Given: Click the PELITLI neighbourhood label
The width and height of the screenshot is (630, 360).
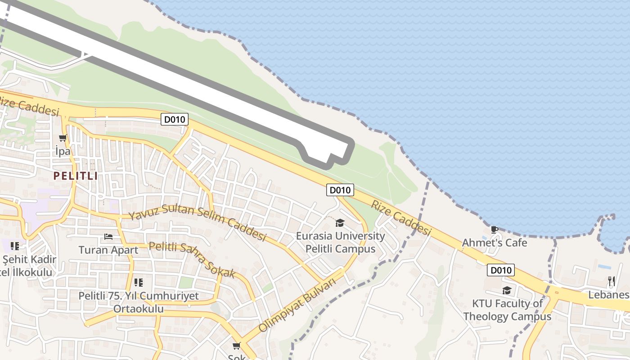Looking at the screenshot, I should pos(75,175).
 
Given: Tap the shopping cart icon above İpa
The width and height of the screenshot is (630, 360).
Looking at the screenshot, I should pos(63,138).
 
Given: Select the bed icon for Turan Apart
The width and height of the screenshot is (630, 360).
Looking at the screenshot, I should pos(108,236).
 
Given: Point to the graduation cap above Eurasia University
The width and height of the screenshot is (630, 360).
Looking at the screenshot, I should pos(340,223).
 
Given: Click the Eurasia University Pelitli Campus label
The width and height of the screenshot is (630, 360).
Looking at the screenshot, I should pos(340,242).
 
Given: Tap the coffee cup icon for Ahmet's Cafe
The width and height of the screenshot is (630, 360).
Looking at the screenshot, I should pos(494,230).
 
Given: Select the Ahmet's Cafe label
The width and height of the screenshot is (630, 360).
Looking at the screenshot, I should pos(494,243).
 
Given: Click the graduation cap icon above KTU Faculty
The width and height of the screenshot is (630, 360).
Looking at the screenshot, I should pos(507,290).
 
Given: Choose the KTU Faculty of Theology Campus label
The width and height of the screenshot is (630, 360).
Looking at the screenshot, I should pos(507,310).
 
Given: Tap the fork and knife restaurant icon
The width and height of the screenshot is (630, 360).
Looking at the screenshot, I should pos(611,281).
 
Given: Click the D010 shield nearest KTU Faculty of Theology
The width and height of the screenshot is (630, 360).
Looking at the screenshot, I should pos(501,270).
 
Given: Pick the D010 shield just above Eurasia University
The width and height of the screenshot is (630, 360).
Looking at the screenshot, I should pos(340,190).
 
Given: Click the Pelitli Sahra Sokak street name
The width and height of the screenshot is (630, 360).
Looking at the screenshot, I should pos(192,260).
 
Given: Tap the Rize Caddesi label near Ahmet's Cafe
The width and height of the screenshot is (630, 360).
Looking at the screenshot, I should pos(401,218).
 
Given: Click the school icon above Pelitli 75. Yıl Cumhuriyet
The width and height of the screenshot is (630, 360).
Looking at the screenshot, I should pos(138,283).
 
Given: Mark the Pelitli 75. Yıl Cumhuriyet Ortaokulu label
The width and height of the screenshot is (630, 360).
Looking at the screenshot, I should pos(138,302).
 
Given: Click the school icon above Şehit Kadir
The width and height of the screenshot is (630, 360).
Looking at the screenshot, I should pos(15,246).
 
